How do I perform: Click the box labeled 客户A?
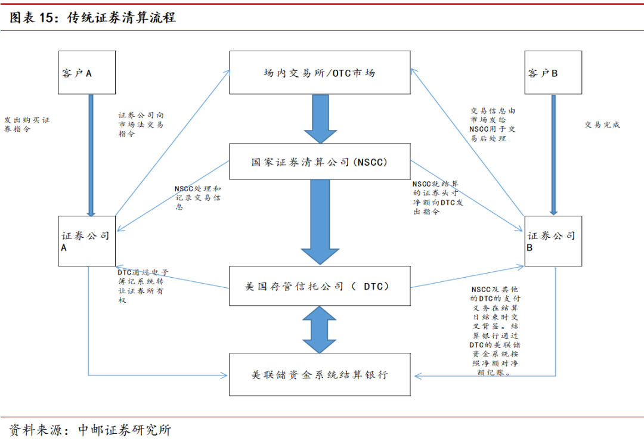click(x=86, y=73)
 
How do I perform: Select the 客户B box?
click(x=553, y=73)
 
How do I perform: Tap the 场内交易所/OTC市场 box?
click(x=320, y=73)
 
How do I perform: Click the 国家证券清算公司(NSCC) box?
click(x=320, y=162)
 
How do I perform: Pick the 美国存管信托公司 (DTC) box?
click(x=320, y=286)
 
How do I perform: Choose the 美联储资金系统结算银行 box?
click(x=320, y=374)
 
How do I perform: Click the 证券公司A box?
click(x=86, y=241)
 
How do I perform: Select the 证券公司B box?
click(x=553, y=241)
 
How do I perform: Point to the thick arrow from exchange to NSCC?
click(x=320, y=119)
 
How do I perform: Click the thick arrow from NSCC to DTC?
click(x=320, y=222)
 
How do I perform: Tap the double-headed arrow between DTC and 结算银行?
click(x=320, y=330)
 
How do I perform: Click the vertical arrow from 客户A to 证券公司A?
click(x=91, y=155)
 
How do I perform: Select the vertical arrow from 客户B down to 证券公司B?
click(x=553, y=155)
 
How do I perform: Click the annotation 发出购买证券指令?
click(x=27, y=125)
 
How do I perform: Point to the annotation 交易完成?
click(x=602, y=125)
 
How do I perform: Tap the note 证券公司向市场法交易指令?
click(x=141, y=125)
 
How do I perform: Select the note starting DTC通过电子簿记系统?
click(x=143, y=286)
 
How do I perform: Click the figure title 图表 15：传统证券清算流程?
click(x=92, y=17)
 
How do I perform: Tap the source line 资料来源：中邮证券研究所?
click(x=90, y=430)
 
